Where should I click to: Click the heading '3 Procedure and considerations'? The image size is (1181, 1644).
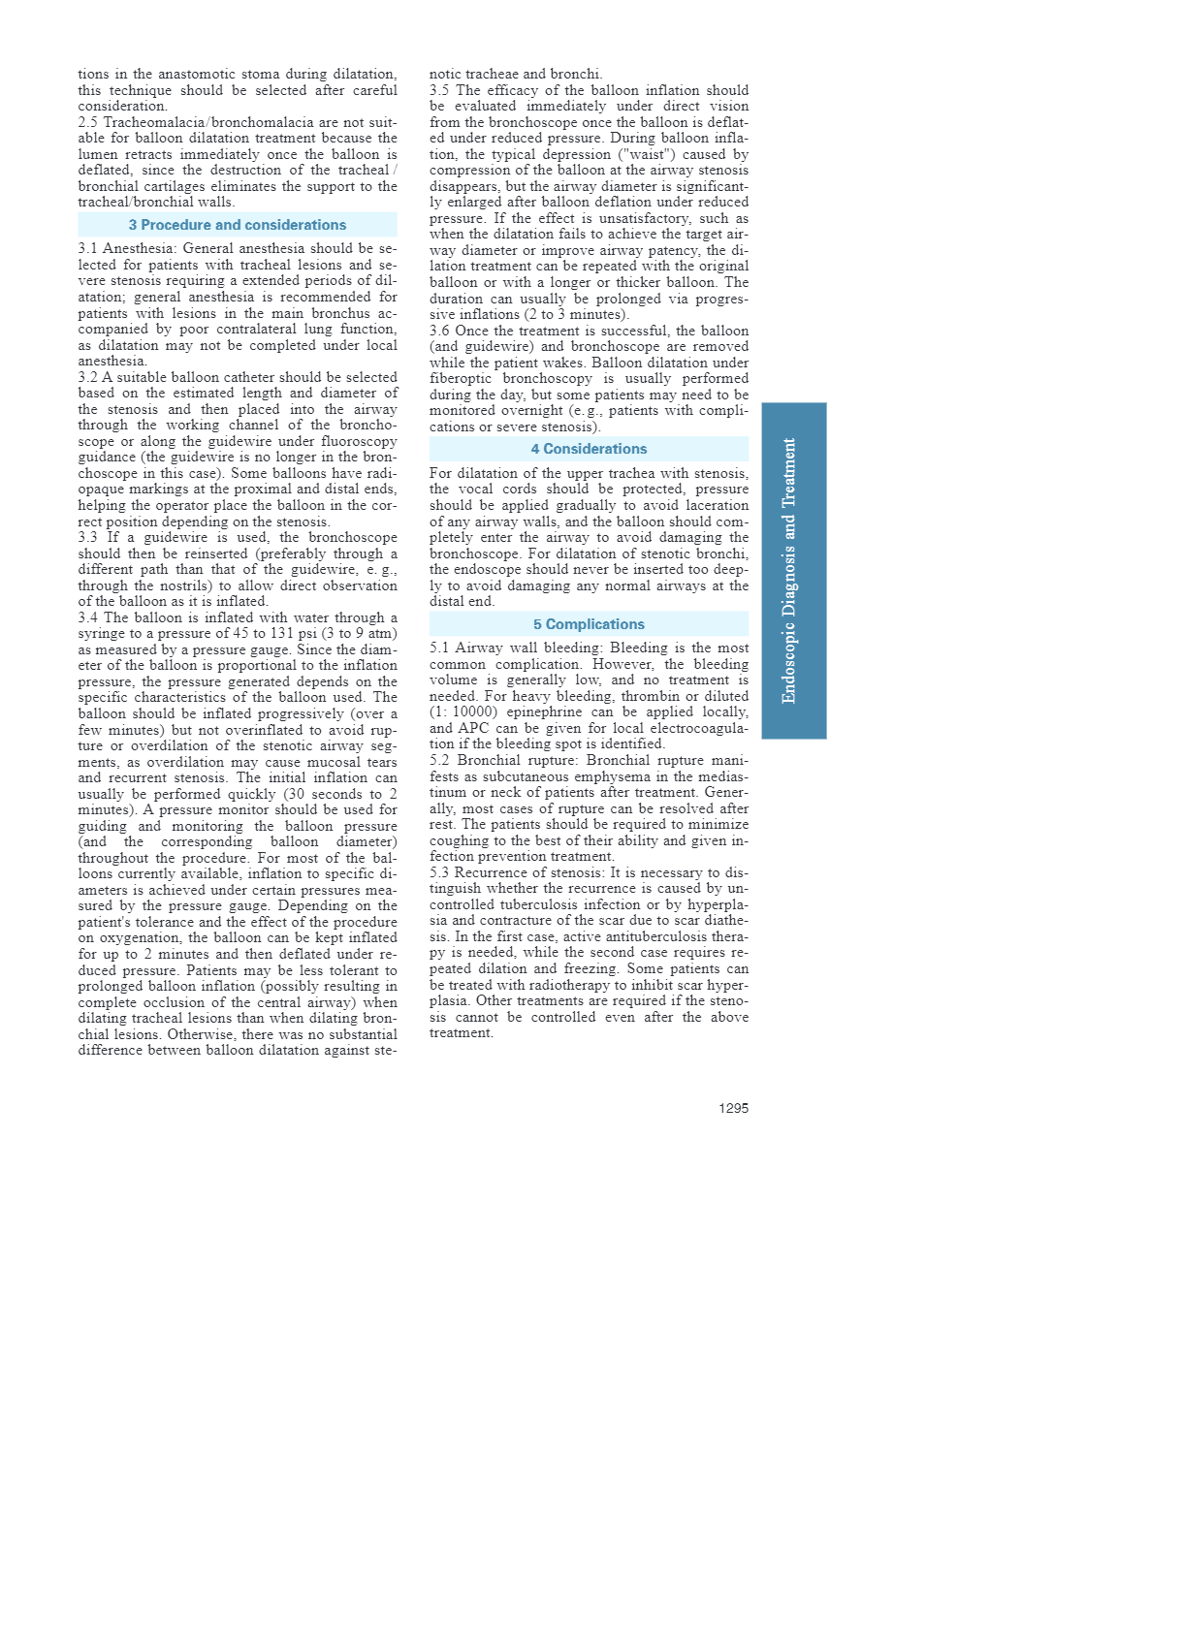click(x=238, y=225)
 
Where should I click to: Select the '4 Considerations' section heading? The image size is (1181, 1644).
click(x=589, y=449)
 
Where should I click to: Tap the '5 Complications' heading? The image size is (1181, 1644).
click(x=589, y=624)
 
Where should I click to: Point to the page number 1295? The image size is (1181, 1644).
click(x=733, y=1108)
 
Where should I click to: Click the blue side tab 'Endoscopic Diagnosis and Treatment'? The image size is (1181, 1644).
click(x=793, y=571)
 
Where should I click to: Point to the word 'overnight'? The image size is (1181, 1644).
click(x=531, y=410)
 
